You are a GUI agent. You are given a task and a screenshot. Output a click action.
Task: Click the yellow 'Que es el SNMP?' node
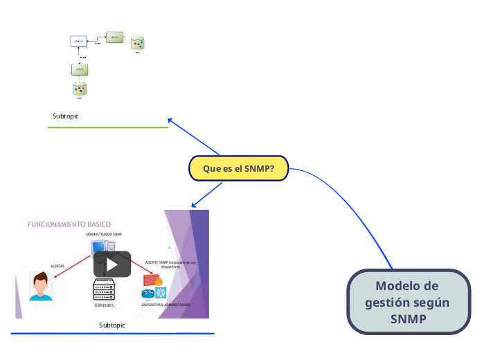tap(238, 168)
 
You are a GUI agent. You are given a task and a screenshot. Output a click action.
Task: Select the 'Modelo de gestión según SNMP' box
tap(407, 303)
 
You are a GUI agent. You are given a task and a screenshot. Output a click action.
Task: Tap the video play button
tap(112, 264)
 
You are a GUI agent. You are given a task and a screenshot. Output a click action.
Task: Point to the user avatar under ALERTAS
tap(40, 286)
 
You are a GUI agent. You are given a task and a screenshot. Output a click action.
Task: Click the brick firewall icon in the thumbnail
tap(150, 280)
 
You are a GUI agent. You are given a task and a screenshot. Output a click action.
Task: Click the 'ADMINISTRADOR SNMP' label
tap(105, 235)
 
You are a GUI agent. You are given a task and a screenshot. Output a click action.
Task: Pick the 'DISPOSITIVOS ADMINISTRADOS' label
tap(166, 305)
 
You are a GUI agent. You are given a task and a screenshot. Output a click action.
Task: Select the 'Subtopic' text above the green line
tap(66, 116)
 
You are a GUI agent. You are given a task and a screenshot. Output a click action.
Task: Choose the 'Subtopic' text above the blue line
tap(112, 325)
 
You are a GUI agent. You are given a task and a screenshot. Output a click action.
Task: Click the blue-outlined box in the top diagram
tap(79, 42)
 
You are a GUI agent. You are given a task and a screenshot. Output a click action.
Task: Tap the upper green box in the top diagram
tap(114, 37)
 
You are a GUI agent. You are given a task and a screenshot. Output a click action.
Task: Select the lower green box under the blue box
tap(80, 70)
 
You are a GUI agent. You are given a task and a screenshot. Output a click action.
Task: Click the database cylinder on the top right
tap(138, 43)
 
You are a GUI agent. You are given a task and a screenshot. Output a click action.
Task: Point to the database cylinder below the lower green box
tap(80, 90)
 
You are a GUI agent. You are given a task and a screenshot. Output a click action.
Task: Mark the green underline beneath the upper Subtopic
tap(108, 127)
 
